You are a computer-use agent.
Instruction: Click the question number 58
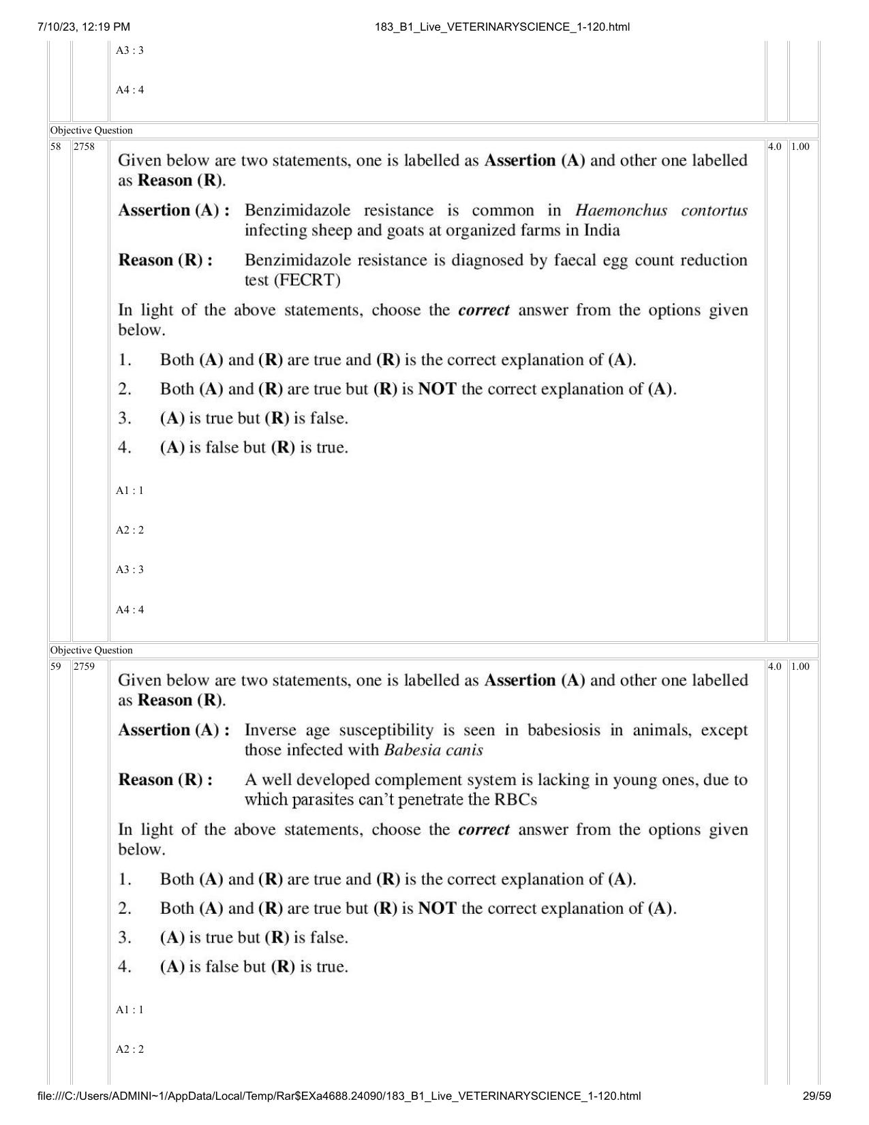point(56,147)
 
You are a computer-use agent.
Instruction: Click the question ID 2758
point(84,147)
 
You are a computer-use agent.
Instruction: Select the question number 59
point(56,666)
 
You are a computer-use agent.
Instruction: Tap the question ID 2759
point(84,666)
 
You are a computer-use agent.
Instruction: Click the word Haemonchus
point(621,211)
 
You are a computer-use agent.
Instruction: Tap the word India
point(601,230)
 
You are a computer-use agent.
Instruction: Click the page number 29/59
point(817,1096)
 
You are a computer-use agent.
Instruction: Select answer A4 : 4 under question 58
point(129,610)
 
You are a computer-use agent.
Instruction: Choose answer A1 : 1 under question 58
point(129,491)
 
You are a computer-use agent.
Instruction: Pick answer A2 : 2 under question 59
point(129,1049)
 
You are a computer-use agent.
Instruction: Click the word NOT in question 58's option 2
point(437,390)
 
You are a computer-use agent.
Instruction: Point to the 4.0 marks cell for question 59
point(775,666)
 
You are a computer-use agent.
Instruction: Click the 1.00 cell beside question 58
point(801,147)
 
